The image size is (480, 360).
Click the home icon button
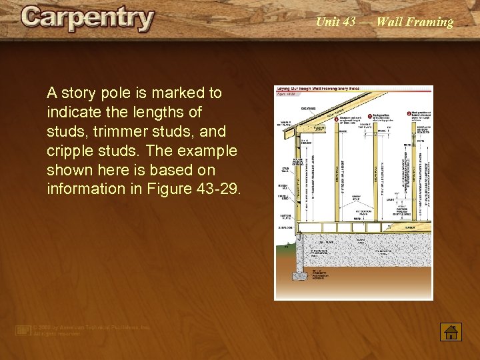(x=451, y=331)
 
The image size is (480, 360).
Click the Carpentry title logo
(x=87, y=19)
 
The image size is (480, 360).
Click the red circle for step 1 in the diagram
(x=337, y=119)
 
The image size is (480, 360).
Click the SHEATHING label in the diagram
(x=308, y=108)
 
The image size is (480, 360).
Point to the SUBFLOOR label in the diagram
(x=285, y=227)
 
